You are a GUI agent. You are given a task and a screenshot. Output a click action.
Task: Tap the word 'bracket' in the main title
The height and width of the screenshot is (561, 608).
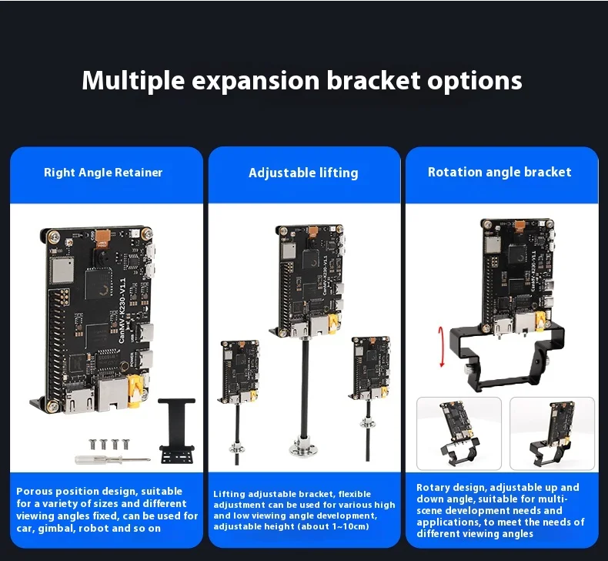pos(373,80)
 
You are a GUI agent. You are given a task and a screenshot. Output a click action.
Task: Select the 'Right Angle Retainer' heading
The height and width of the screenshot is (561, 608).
pos(103,173)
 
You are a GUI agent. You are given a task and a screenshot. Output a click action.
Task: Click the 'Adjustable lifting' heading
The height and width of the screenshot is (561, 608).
pos(303,173)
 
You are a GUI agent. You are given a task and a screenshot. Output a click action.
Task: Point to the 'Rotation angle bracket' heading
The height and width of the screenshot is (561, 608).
pos(499,172)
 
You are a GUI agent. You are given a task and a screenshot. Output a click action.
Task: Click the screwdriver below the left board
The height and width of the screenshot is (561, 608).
pos(112,460)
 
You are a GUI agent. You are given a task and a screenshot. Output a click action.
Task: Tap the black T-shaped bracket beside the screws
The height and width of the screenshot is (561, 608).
pos(177,431)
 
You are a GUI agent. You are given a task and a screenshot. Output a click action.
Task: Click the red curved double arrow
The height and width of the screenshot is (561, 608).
pos(441,347)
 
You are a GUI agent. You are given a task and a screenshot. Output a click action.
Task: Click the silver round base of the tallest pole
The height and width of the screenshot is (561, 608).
pos(303,447)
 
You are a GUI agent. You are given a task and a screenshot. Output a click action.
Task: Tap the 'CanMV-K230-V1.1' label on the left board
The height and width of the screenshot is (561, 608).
pos(122,311)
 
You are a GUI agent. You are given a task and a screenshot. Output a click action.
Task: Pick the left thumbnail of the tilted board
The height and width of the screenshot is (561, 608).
pos(459,433)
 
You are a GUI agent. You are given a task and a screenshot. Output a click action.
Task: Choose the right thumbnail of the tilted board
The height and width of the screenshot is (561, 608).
pos(552,433)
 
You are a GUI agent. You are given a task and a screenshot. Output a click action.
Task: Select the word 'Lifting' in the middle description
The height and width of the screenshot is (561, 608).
pos(229,494)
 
